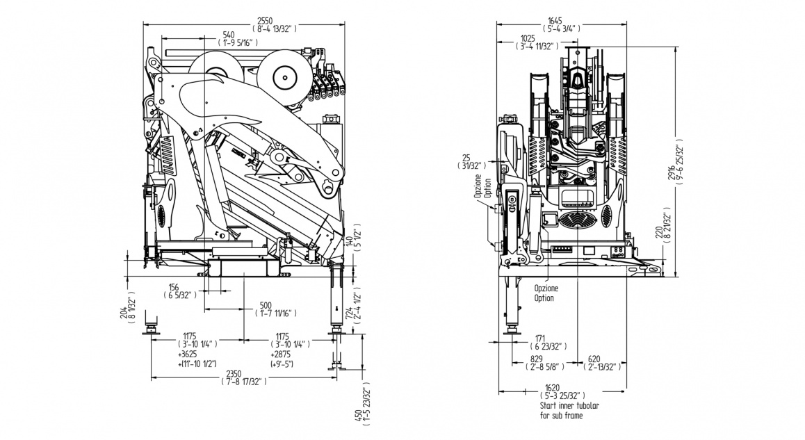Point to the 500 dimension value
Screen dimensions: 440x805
click(266, 305)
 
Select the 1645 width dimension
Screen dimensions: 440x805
click(555, 21)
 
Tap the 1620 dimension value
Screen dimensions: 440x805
click(553, 387)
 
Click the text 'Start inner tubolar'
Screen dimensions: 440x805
click(569, 405)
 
